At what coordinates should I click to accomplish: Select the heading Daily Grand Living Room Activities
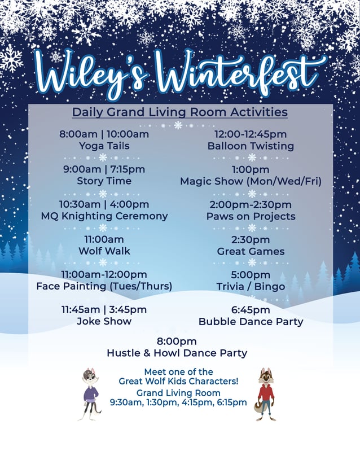179,112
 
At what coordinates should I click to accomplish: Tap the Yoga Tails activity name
104,146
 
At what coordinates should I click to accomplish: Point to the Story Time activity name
104,181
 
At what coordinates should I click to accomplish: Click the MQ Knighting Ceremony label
104,216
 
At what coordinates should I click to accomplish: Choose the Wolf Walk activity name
104,251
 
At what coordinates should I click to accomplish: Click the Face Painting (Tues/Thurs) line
104,286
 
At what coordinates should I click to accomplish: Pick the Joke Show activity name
104,321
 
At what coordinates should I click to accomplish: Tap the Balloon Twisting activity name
251,146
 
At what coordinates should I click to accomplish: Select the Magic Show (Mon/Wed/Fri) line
251,181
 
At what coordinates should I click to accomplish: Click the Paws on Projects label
251,216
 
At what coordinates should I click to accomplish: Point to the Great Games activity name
251,251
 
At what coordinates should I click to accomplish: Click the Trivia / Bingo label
251,286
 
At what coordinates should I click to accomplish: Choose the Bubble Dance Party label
251,321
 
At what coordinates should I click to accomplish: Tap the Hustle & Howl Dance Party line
177,353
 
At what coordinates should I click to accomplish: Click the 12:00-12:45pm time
251,134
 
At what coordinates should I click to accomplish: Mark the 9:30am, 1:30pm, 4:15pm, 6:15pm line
178,402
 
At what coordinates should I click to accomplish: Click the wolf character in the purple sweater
90,393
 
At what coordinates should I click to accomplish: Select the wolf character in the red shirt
265,393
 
